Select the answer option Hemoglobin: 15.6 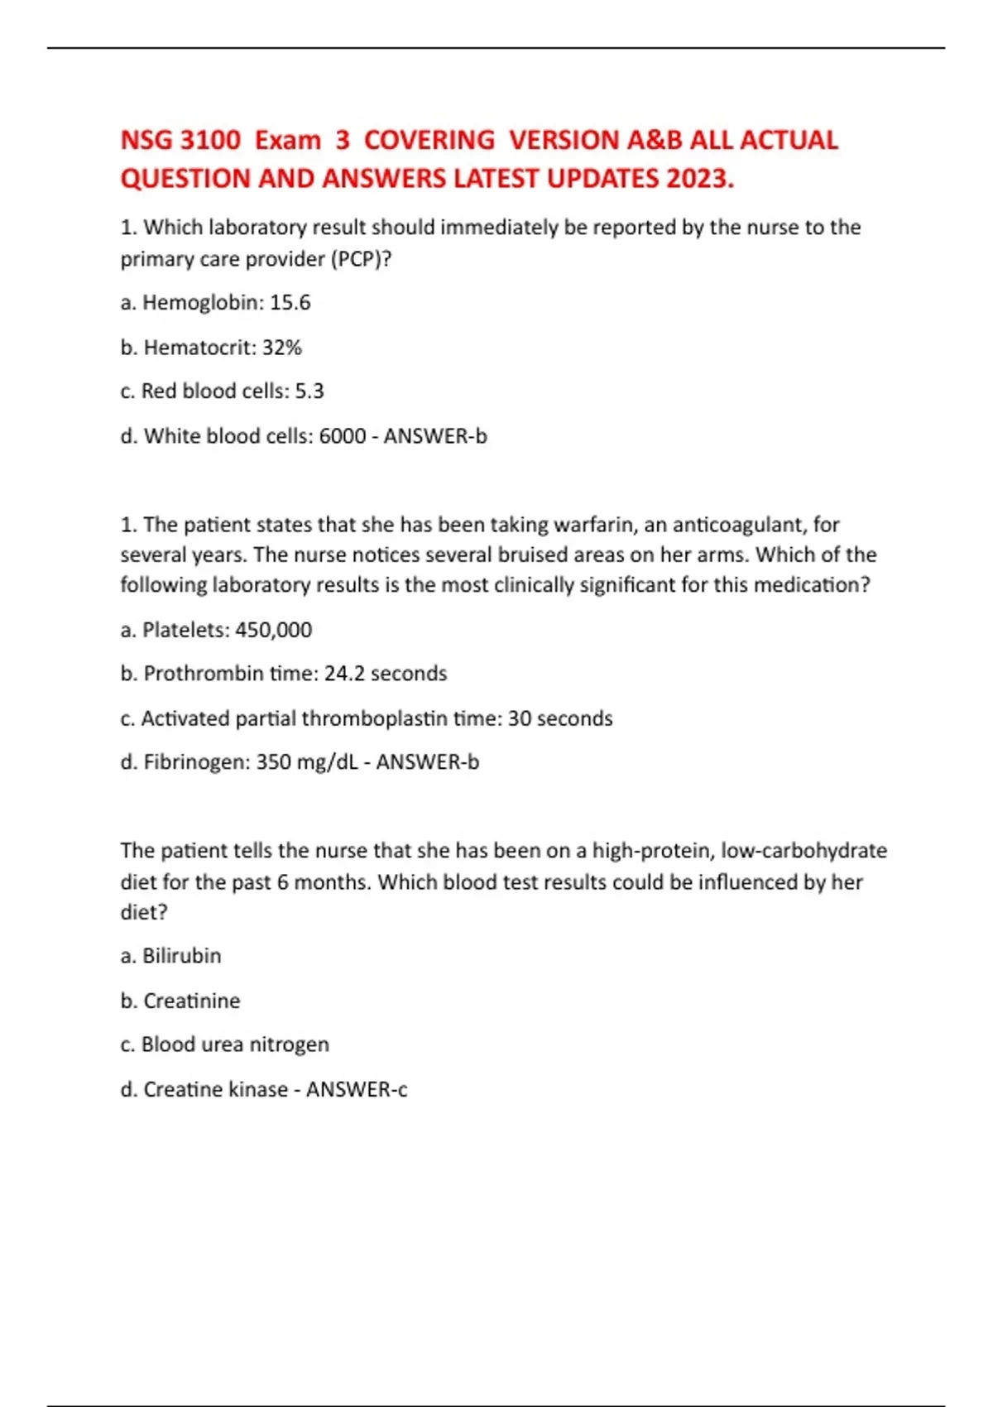tap(215, 303)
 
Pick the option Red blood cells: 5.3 tap(222, 391)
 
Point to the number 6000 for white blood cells tap(342, 436)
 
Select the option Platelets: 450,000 tap(216, 630)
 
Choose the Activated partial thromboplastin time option tap(367, 718)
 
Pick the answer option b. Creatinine tap(180, 1001)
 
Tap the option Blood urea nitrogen tap(224, 1044)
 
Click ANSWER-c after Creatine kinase tap(357, 1089)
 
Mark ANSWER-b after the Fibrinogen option tap(427, 762)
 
